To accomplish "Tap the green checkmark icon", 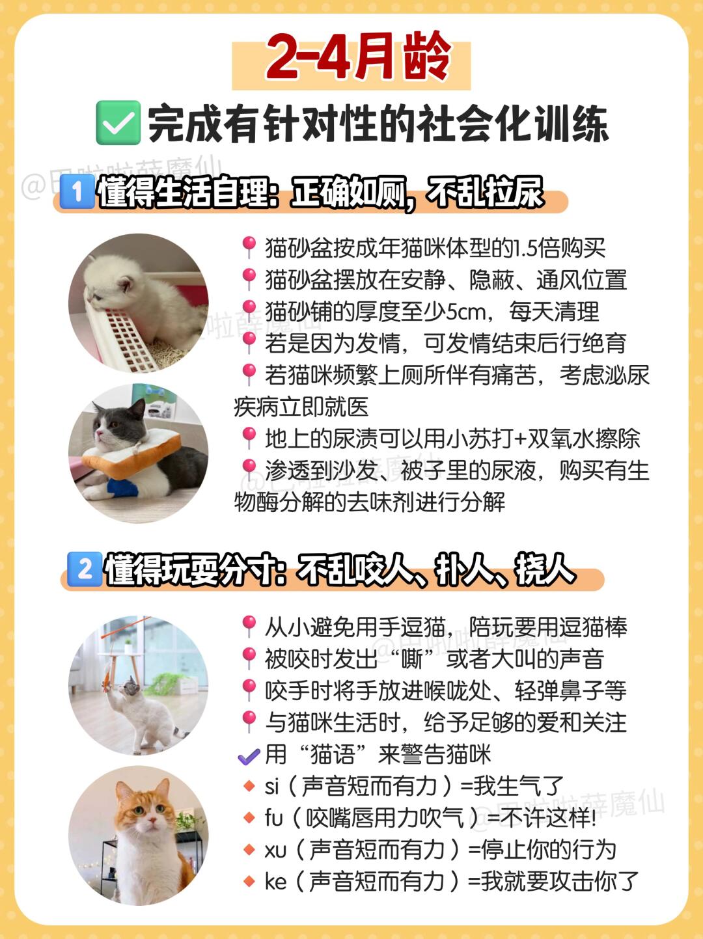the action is coord(118,123).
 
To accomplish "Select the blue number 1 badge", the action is coord(77,192).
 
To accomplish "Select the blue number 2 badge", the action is coord(85,569).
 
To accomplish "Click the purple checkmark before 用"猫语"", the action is coord(249,757).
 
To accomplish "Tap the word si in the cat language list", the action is coord(272,786).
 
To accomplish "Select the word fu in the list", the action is coord(274,818).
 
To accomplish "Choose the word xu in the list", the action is coord(275,850).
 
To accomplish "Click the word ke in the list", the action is coord(275,881).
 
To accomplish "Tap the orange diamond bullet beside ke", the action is coord(249,882).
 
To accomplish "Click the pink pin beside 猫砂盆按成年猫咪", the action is coord(249,247).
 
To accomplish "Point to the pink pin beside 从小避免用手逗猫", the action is coord(249,627).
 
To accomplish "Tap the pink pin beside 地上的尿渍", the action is coord(249,438).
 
